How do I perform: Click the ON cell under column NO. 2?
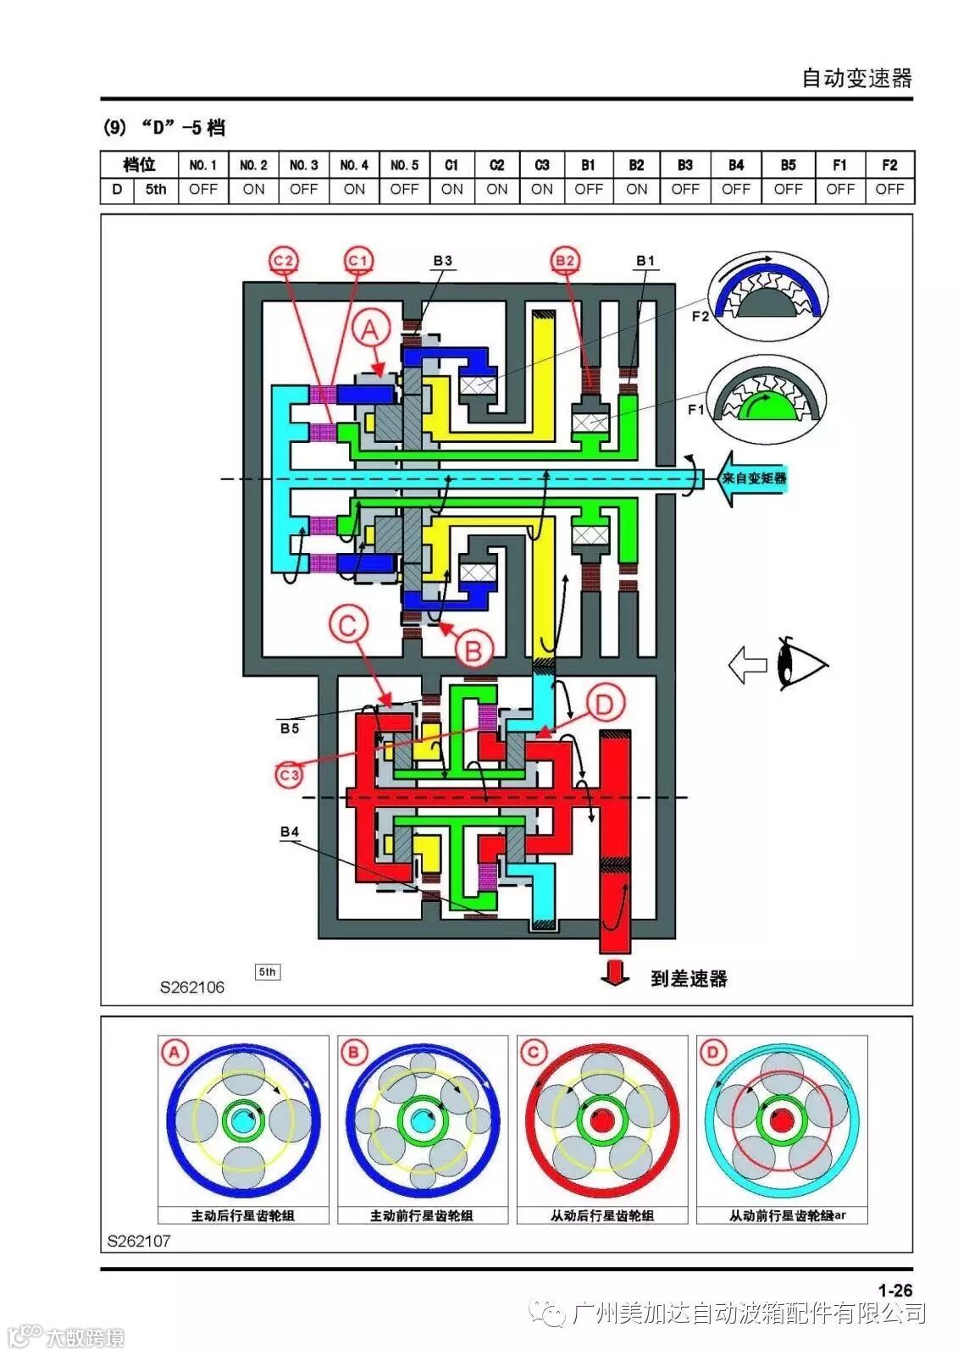pos(253,190)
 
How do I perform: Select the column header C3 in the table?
pos(542,165)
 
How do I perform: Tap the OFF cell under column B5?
pos(788,190)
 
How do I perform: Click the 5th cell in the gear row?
pos(156,190)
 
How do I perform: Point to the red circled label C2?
pos(284,260)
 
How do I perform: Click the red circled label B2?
pos(564,260)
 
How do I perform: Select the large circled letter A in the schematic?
pos(370,329)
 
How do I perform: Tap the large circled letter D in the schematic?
pos(604,705)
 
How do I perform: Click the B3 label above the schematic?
pos(442,261)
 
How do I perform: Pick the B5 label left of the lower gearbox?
pos(290,727)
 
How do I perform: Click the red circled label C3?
pos(289,774)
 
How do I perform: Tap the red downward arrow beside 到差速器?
pos(615,973)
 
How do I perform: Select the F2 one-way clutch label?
pos(700,316)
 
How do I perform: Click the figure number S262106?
pos(192,987)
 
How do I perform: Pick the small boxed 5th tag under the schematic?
pos(268,972)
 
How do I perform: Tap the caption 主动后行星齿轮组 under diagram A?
pos(243,1215)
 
